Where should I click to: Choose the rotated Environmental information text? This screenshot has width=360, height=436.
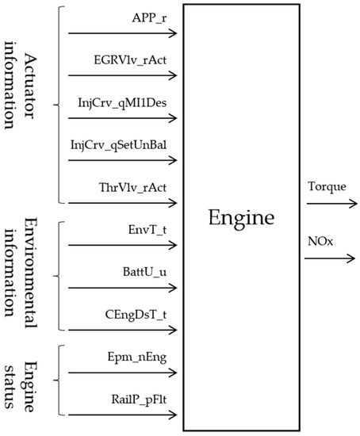pos(24,273)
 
